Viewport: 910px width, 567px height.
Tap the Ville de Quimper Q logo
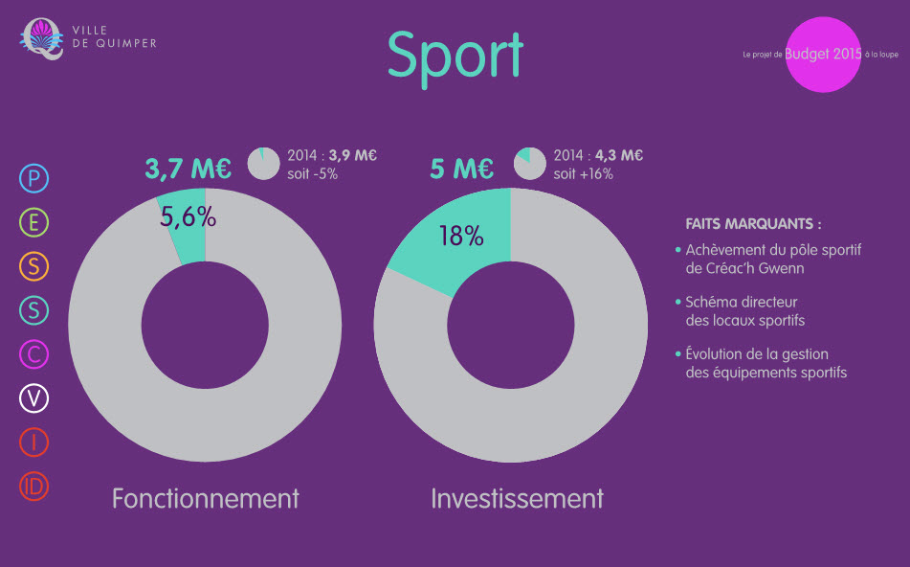pos(42,39)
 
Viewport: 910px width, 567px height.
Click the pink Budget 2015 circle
pos(823,55)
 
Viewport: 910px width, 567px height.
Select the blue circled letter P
pos(33,178)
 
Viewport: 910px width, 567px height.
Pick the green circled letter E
pos(33,222)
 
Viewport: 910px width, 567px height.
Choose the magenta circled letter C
pos(33,354)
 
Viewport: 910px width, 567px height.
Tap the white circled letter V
pos(33,398)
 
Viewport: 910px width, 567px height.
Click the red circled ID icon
pos(33,487)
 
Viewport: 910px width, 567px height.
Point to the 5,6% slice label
pos(189,217)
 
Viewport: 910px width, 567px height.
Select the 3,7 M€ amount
pos(189,169)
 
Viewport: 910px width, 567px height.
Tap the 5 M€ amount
pos(462,169)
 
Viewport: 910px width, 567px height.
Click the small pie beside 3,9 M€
pos(264,164)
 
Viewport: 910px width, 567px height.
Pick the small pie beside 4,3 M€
pos(530,164)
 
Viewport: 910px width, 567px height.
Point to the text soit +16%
pos(584,174)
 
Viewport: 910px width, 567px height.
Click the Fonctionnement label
pos(206,498)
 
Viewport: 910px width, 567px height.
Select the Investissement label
pos(517,498)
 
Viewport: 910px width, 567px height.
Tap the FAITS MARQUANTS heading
pos(753,224)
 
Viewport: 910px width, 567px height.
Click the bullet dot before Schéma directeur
pos(677,302)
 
